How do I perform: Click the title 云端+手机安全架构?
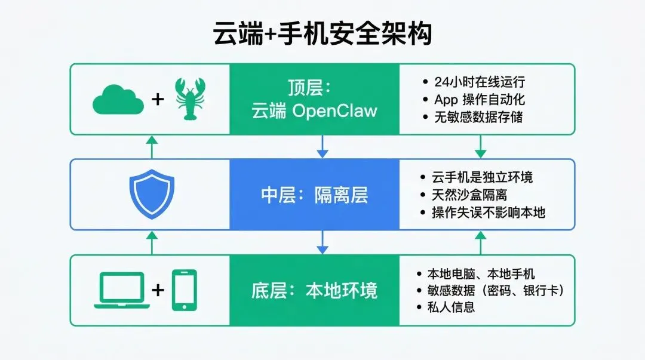(x=322, y=33)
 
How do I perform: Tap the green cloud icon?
(x=118, y=100)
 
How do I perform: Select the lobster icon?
(x=190, y=99)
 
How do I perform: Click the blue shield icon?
(x=152, y=194)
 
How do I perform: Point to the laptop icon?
(x=122, y=290)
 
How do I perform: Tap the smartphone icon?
(x=185, y=290)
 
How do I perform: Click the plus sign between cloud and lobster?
(x=158, y=99)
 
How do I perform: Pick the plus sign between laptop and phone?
(x=158, y=290)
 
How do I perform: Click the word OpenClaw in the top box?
(x=334, y=111)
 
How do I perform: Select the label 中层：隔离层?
(x=315, y=195)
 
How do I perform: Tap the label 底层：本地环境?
(x=315, y=291)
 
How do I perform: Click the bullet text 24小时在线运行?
(x=480, y=82)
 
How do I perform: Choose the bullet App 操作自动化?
(x=480, y=100)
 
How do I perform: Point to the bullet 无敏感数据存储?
(x=478, y=117)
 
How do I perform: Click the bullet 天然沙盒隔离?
(x=469, y=195)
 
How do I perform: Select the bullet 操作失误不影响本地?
(x=489, y=213)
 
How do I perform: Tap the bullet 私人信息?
(x=451, y=307)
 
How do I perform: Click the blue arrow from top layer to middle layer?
(x=322, y=146)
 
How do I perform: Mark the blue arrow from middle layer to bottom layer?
(x=322, y=242)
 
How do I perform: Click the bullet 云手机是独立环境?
(x=482, y=177)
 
